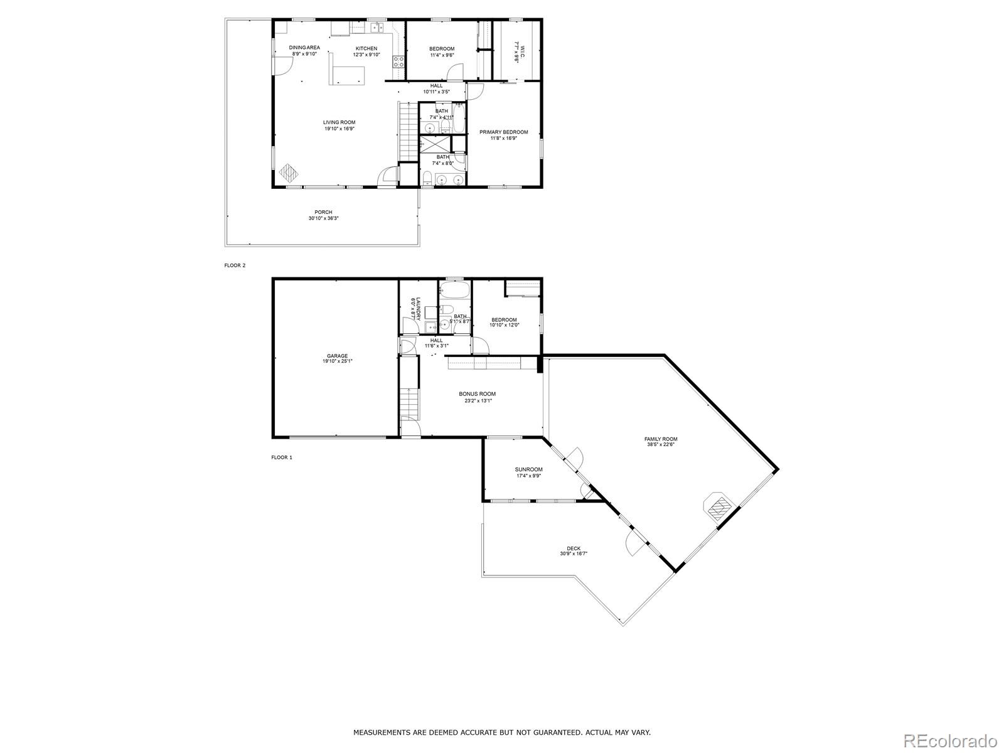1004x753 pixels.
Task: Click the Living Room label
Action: (x=339, y=122)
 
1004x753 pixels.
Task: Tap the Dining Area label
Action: (x=304, y=48)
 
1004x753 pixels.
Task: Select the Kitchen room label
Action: (x=366, y=48)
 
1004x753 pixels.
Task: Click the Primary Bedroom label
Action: (x=503, y=132)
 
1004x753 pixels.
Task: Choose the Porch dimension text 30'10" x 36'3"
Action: (x=324, y=218)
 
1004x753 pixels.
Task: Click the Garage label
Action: (x=337, y=356)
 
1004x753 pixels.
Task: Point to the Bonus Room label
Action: (x=477, y=394)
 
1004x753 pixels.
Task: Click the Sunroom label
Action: (x=528, y=469)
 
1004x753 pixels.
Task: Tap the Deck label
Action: (x=574, y=548)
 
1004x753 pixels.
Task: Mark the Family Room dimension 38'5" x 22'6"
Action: (x=661, y=445)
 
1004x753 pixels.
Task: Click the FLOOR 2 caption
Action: (x=235, y=265)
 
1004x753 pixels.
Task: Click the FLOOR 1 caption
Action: (x=282, y=457)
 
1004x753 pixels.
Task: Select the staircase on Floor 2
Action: (x=409, y=131)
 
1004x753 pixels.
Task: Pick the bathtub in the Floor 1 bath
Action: (x=454, y=291)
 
